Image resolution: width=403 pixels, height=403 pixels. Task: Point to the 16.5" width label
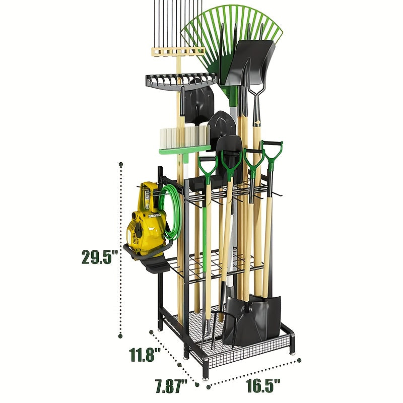[x=263, y=386]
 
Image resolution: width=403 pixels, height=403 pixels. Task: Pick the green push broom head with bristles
[x=184, y=139]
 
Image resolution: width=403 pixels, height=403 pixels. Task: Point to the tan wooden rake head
[x=177, y=51]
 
